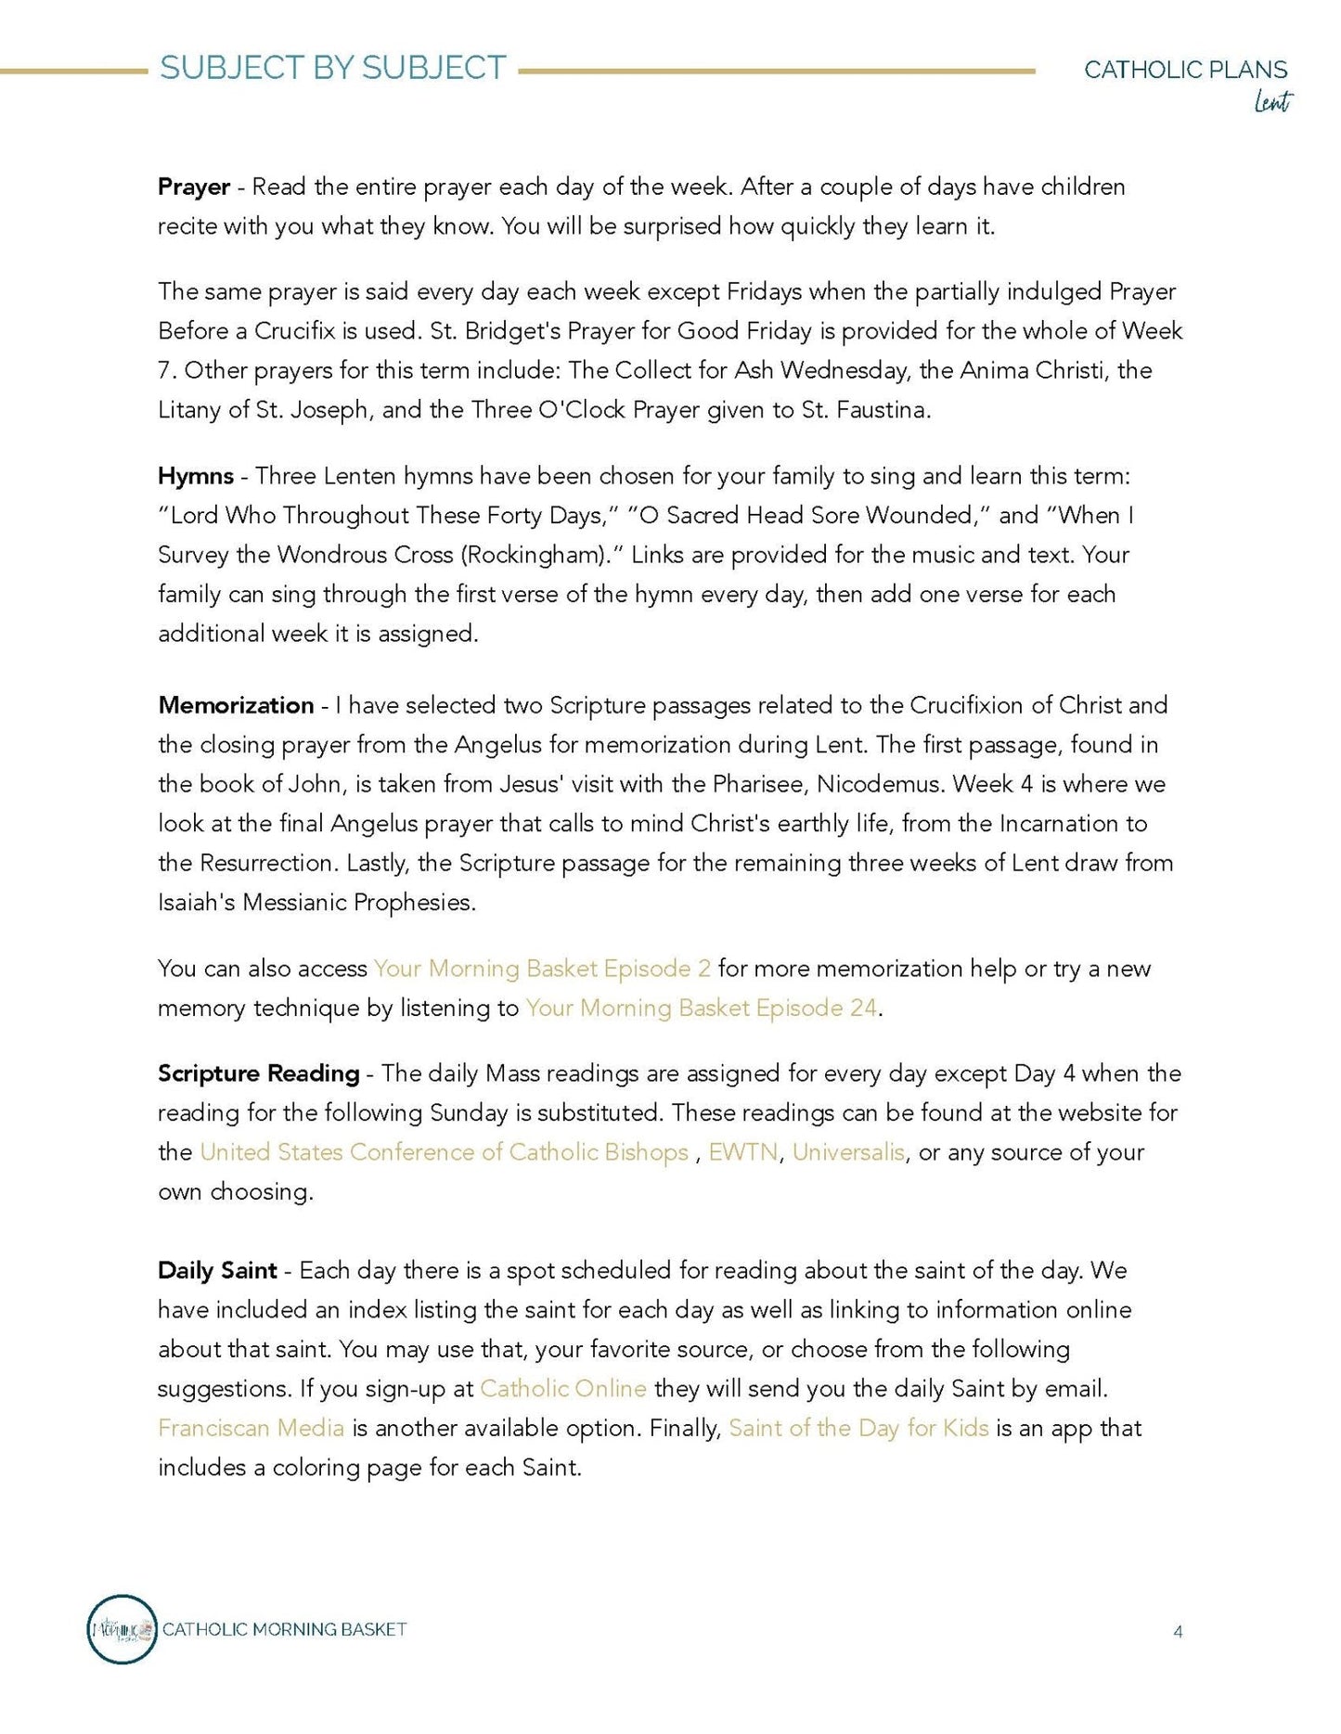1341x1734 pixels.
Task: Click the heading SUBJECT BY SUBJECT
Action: (x=332, y=68)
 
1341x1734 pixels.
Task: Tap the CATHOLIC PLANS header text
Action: (x=1185, y=70)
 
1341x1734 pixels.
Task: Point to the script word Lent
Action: (x=1272, y=101)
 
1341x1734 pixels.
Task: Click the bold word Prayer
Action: (x=194, y=186)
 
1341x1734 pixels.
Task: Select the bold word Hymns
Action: (x=196, y=476)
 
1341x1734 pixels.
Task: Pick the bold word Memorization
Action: (x=236, y=705)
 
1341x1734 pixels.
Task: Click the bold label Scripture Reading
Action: (x=258, y=1073)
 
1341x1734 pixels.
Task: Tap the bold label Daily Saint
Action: (x=217, y=1270)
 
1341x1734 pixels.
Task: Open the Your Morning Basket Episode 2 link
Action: (x=542, y=969)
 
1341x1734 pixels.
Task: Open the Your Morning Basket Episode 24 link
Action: (x=701, y=1008)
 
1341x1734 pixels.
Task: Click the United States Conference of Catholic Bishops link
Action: (x=444, y=1152)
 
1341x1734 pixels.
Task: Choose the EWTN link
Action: (x=742, y=1152)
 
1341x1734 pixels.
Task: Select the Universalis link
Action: (x=848, y=1152)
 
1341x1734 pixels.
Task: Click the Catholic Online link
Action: (x=562, y=1389)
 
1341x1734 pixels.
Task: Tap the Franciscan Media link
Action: (x=251, y=1428)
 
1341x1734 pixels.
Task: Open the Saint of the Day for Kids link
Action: (x=858, y=1428)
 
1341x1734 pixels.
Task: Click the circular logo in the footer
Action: (x=122, y=1629)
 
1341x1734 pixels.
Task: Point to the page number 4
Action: (x=1178, y=1632)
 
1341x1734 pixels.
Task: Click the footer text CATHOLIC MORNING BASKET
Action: (x=284, y=1629)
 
